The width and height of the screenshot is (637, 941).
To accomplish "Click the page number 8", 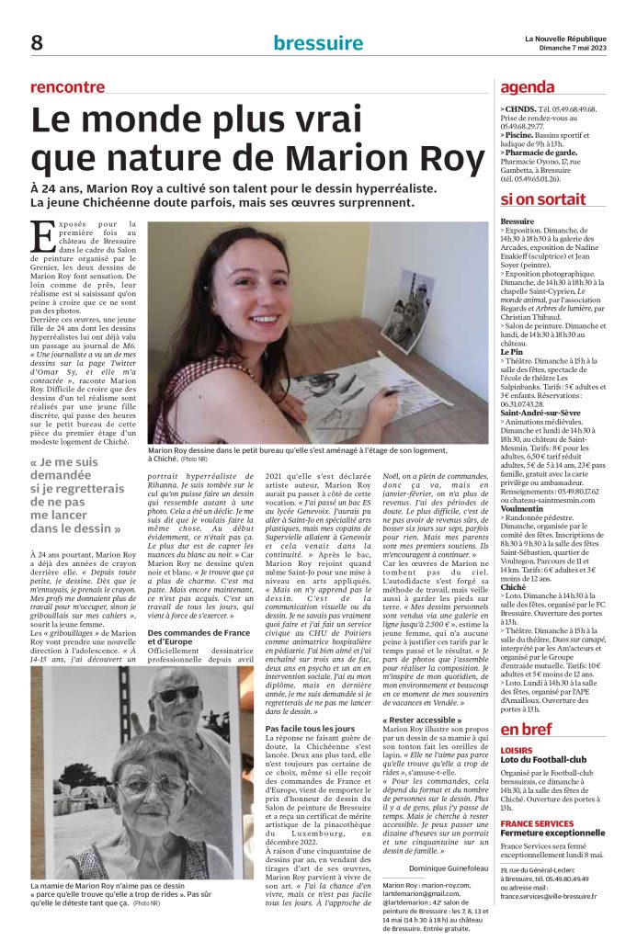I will point(37,42).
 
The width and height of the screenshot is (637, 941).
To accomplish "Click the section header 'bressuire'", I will point(318,42).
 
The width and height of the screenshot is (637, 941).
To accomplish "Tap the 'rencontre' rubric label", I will point(68,87).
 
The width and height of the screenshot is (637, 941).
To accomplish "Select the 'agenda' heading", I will point(527,87).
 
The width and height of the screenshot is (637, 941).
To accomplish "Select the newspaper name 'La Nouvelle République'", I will point(565,37).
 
